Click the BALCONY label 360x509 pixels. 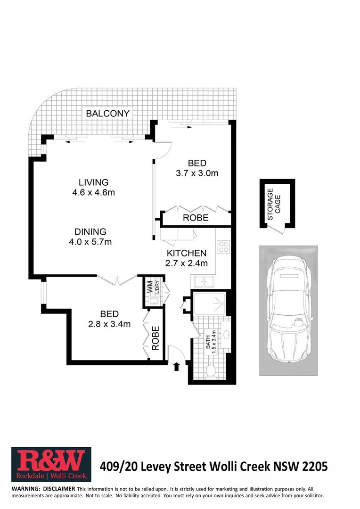107,114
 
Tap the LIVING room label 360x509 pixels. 93,182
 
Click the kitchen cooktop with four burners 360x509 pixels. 223,247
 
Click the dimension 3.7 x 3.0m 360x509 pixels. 197,173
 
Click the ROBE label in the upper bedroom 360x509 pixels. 196,218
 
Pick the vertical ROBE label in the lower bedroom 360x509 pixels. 155,338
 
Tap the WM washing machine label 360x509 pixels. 149,287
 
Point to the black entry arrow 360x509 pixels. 177,366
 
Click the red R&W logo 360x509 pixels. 51,465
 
